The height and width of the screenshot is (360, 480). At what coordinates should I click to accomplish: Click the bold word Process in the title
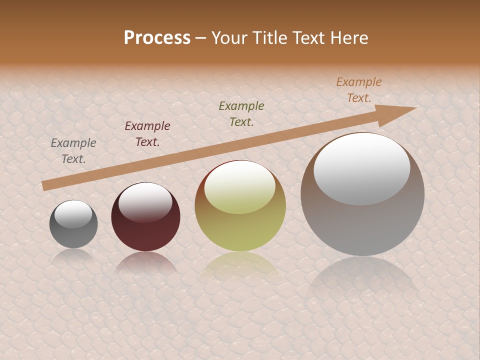pyautogui.click(x=157, y=37)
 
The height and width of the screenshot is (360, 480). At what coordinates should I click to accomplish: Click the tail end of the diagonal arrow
pyautogui.click(x=44, y=185)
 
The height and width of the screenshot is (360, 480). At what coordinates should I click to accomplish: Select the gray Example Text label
pyautogui.click(x=73, y=151)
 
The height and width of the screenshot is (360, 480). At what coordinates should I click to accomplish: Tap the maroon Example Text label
pyautogui.click(x=147, y=134)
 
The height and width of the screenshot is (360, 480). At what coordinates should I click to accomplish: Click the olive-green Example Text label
pyautogui.click(x=241, y=114)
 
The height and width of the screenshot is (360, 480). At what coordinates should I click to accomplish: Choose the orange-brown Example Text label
pyautogui.click(x=359, y=90)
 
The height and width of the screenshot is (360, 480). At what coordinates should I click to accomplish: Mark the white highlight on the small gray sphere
pyautogui.click(x=73, y=214)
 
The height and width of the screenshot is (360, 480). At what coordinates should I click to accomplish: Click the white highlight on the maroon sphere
pyautogui.click(x=145, y=202)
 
